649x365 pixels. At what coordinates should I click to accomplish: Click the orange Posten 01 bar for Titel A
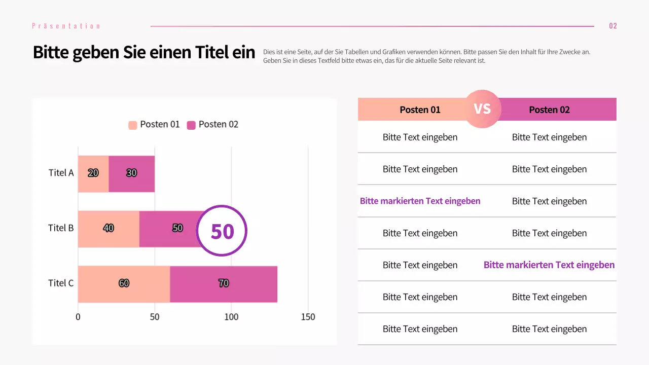93,174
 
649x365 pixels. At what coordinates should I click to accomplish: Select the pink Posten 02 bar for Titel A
132,174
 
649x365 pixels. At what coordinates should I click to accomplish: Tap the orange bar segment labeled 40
109,229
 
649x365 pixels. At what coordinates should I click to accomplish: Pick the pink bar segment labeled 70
224,284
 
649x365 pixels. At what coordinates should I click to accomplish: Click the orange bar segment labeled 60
124,284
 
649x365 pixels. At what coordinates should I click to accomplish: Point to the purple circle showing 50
222,231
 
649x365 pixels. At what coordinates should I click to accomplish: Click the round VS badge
482,109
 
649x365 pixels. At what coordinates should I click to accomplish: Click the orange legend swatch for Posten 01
133,125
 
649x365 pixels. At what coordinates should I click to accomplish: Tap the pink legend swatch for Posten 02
191,125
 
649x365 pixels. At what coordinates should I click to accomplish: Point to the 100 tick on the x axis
231,317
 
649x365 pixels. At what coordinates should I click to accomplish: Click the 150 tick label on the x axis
308,317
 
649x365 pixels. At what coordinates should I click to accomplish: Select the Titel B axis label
61,228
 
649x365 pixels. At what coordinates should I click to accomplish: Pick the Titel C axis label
61,283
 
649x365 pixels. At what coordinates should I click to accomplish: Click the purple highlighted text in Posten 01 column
420,201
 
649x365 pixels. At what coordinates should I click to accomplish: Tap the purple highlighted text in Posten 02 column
549,265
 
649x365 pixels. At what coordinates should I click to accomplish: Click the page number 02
613,26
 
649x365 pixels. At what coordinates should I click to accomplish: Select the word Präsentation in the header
66,26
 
